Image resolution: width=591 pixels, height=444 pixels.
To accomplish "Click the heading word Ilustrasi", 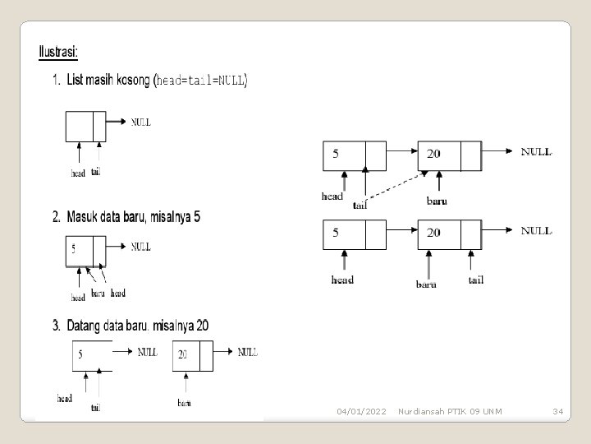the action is [58, 52].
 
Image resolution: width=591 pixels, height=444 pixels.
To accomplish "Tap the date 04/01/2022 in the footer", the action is [361, 410].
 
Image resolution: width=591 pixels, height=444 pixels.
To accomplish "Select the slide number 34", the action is [557, 410].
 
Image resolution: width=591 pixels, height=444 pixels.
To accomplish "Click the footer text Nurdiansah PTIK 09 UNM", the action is [451, 410].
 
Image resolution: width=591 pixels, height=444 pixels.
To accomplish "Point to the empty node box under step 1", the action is [85, 126].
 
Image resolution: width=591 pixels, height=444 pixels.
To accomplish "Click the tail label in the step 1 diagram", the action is [97, 171].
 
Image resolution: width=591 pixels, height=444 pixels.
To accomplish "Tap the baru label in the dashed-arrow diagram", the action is [437, 200].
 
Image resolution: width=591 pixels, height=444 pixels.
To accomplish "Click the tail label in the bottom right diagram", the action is [476, 280].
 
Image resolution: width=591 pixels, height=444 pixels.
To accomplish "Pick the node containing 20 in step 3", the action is [193, 355].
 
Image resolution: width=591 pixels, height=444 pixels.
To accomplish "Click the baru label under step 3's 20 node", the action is [185, 402].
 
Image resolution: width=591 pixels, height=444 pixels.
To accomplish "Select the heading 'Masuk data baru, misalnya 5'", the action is [126, 218].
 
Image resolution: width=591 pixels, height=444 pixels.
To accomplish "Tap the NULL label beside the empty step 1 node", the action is [141, 122].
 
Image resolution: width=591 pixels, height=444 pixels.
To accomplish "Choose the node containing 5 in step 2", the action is [85, 250].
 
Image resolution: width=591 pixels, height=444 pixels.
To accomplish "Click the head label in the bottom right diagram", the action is [342, 280].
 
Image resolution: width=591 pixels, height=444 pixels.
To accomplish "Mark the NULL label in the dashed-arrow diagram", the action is [537, 151].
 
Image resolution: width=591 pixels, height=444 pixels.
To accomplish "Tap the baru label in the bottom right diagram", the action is [426, 284].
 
